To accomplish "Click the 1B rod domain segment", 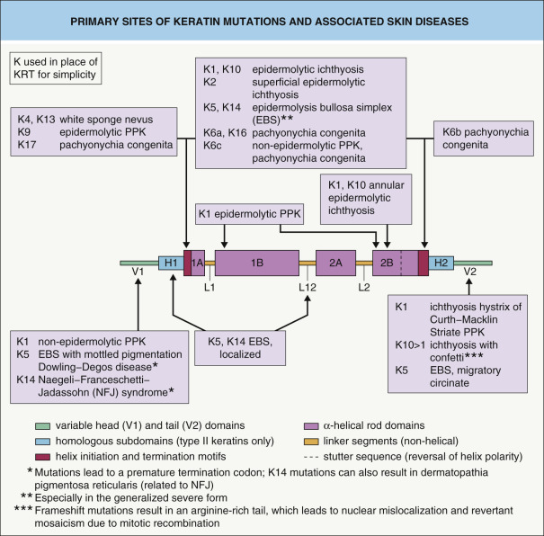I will click(257, 263).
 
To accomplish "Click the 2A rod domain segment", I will click(334, 263).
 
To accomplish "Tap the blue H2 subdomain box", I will click(441, 263).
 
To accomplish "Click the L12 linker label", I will click(308, 287).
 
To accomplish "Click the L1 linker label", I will click(210, 287).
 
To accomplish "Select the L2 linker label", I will click(365, 287).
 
